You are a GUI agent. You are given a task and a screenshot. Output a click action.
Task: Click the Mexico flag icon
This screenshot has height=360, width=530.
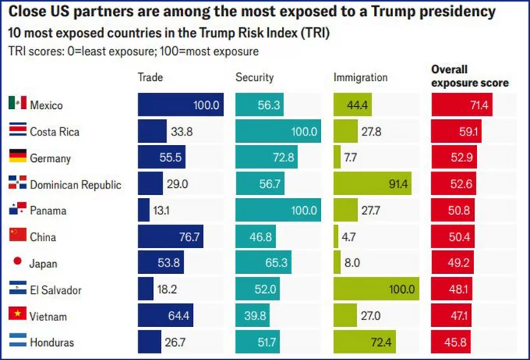pos(17,105)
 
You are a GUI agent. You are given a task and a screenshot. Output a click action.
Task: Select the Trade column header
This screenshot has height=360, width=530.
pos(150,77)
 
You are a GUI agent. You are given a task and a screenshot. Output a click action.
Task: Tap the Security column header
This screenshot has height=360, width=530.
pos(254,77)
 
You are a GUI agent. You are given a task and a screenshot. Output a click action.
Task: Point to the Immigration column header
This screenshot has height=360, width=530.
pos(360,77)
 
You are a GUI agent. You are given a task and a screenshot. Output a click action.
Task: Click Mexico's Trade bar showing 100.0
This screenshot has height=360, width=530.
pos(180,105)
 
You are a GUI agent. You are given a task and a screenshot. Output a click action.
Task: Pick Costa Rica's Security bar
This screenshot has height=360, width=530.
pos(278,132)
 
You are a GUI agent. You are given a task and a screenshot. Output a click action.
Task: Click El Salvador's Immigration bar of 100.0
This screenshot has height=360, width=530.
pos(375,289)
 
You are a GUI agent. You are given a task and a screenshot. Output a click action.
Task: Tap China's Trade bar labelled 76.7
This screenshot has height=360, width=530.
pos(171,237)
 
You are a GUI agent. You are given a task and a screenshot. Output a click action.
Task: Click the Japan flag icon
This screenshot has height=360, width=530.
pos(17,264)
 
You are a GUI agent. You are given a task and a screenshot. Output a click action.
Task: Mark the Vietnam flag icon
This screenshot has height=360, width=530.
pos(17,316)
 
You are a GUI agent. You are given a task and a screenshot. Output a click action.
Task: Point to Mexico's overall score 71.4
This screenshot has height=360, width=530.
pos(478,105)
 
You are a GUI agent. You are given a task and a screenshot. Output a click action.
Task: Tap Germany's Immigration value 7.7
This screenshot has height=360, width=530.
pos(352,158)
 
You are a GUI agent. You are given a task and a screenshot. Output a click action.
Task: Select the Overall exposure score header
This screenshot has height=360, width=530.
pos(469,76)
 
